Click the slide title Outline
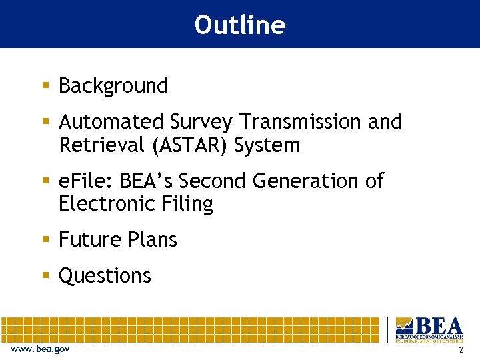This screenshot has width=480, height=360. pyautogui.click(x=239, y=25)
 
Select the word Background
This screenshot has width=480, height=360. pyautogui.click(x=113, y=86)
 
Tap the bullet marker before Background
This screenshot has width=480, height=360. pyautogui.click(x=45, y=86)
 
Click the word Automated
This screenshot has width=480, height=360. pyautogui.click(x=111, y=122)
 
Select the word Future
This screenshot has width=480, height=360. pyautogui.click(x=85, y=239)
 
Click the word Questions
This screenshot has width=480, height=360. pyautogui.click(x=105, y=275)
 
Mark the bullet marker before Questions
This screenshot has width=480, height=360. pyautogui.click(x=45, y=275)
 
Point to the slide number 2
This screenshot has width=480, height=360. pyautogui.click(x=461, y=350)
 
